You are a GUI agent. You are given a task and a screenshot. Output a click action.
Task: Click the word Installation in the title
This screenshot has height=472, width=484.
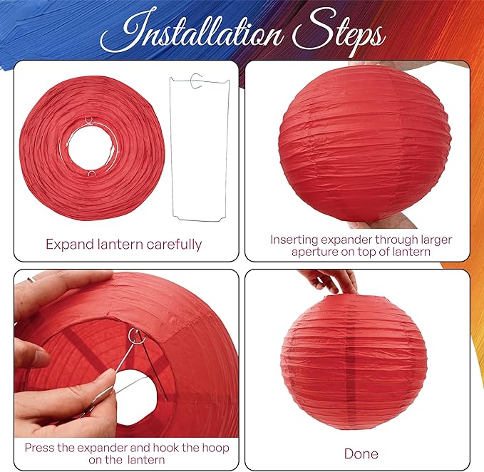(x=191, y=32)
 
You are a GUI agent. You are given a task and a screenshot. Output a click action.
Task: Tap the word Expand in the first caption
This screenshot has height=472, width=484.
(x=70, y=245)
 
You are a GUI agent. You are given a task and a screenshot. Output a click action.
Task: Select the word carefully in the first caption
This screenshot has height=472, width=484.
(x=174, y=245)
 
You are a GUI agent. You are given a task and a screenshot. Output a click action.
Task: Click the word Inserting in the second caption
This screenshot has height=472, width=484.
(x=294, y=240)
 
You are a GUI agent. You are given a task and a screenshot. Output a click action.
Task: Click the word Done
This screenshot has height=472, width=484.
(x=361, y=453)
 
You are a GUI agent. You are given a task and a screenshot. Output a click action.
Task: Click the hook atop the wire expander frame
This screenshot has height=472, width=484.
(x=196, y=81)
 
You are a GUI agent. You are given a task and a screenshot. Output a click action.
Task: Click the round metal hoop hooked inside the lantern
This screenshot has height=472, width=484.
(x=136, y=337)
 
